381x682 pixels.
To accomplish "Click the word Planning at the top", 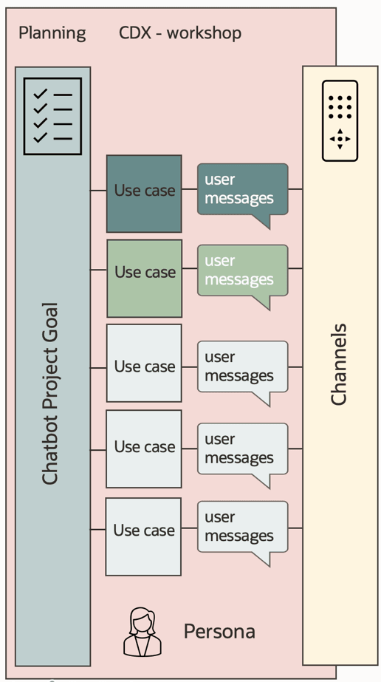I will tap(52, 33).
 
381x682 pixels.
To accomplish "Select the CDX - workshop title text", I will tap(180, 33).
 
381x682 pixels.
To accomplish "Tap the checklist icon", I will tap(52, 116).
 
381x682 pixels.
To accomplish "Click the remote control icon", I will tap(340, 120).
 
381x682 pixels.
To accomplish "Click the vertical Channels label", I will tap(339, 364).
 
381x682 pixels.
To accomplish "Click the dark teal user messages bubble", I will tap(242, 191).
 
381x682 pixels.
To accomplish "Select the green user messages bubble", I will tap(242, 272).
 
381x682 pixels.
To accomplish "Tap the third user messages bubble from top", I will tap(242, 368).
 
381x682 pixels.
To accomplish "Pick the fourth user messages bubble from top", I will tap(242, 450).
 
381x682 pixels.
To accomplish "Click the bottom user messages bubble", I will tap(242, 528).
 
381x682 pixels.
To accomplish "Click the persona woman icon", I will tap(142, 632).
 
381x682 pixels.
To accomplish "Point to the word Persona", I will tap(219, 632).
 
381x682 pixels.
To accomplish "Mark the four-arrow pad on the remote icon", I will tap(340, 139).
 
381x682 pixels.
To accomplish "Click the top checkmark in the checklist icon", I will tap(40, 94).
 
